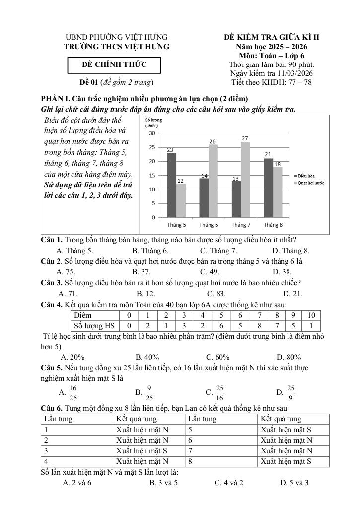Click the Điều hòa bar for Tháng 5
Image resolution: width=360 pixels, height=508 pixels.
click(171, 185)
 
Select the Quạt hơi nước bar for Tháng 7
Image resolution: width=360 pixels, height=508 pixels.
click(245, 180)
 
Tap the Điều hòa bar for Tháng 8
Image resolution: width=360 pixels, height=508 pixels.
click(268, 188)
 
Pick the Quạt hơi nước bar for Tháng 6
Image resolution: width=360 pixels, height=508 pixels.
click(213, 181)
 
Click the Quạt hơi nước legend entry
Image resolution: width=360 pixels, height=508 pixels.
click(310, 183)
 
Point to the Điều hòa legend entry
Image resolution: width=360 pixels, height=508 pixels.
click(306, 176)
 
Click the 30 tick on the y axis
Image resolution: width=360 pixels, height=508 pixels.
click(151, 133)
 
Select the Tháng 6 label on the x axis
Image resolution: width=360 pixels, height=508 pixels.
click(209, 225)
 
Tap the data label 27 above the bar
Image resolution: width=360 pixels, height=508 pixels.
click(245, 138)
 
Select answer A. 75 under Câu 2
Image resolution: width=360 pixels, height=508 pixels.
click(66, 271)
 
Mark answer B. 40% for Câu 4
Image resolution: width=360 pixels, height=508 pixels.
click(147, 357)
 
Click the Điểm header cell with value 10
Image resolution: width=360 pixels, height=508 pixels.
click(311, 315)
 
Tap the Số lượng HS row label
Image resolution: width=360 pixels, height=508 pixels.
click(94, 326)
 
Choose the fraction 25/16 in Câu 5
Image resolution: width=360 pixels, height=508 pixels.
click(220, 392)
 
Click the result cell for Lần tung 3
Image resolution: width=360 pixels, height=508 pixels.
click(149, 451)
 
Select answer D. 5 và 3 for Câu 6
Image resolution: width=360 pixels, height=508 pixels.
click(294, 482)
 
